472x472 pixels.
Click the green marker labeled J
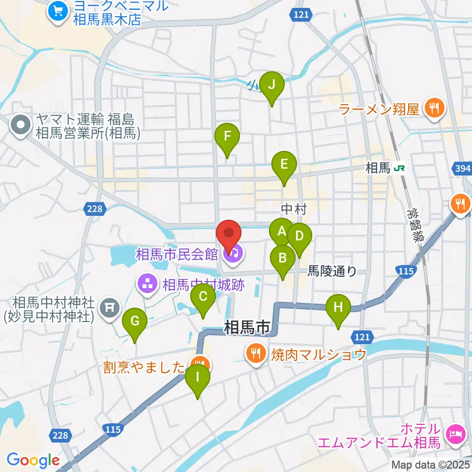click(x=271, y=85)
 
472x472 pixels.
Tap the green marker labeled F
click(x=227, y=137)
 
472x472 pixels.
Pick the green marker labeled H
click(x=338, y=308)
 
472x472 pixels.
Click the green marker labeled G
click(x=135, y=322)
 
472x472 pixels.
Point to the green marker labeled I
click(x=198, y=378)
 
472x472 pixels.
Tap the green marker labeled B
click(x=283, y=259)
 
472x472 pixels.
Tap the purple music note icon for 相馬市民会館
click(x=232, y=254)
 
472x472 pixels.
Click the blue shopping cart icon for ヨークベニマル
click(x=59, y=11)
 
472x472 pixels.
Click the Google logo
click(x=33, y=460)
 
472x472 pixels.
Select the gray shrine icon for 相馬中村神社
click(x=109, y=308)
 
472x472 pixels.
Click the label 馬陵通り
click(x=332, y=271)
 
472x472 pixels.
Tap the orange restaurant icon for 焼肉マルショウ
click(x=255, y=353)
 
